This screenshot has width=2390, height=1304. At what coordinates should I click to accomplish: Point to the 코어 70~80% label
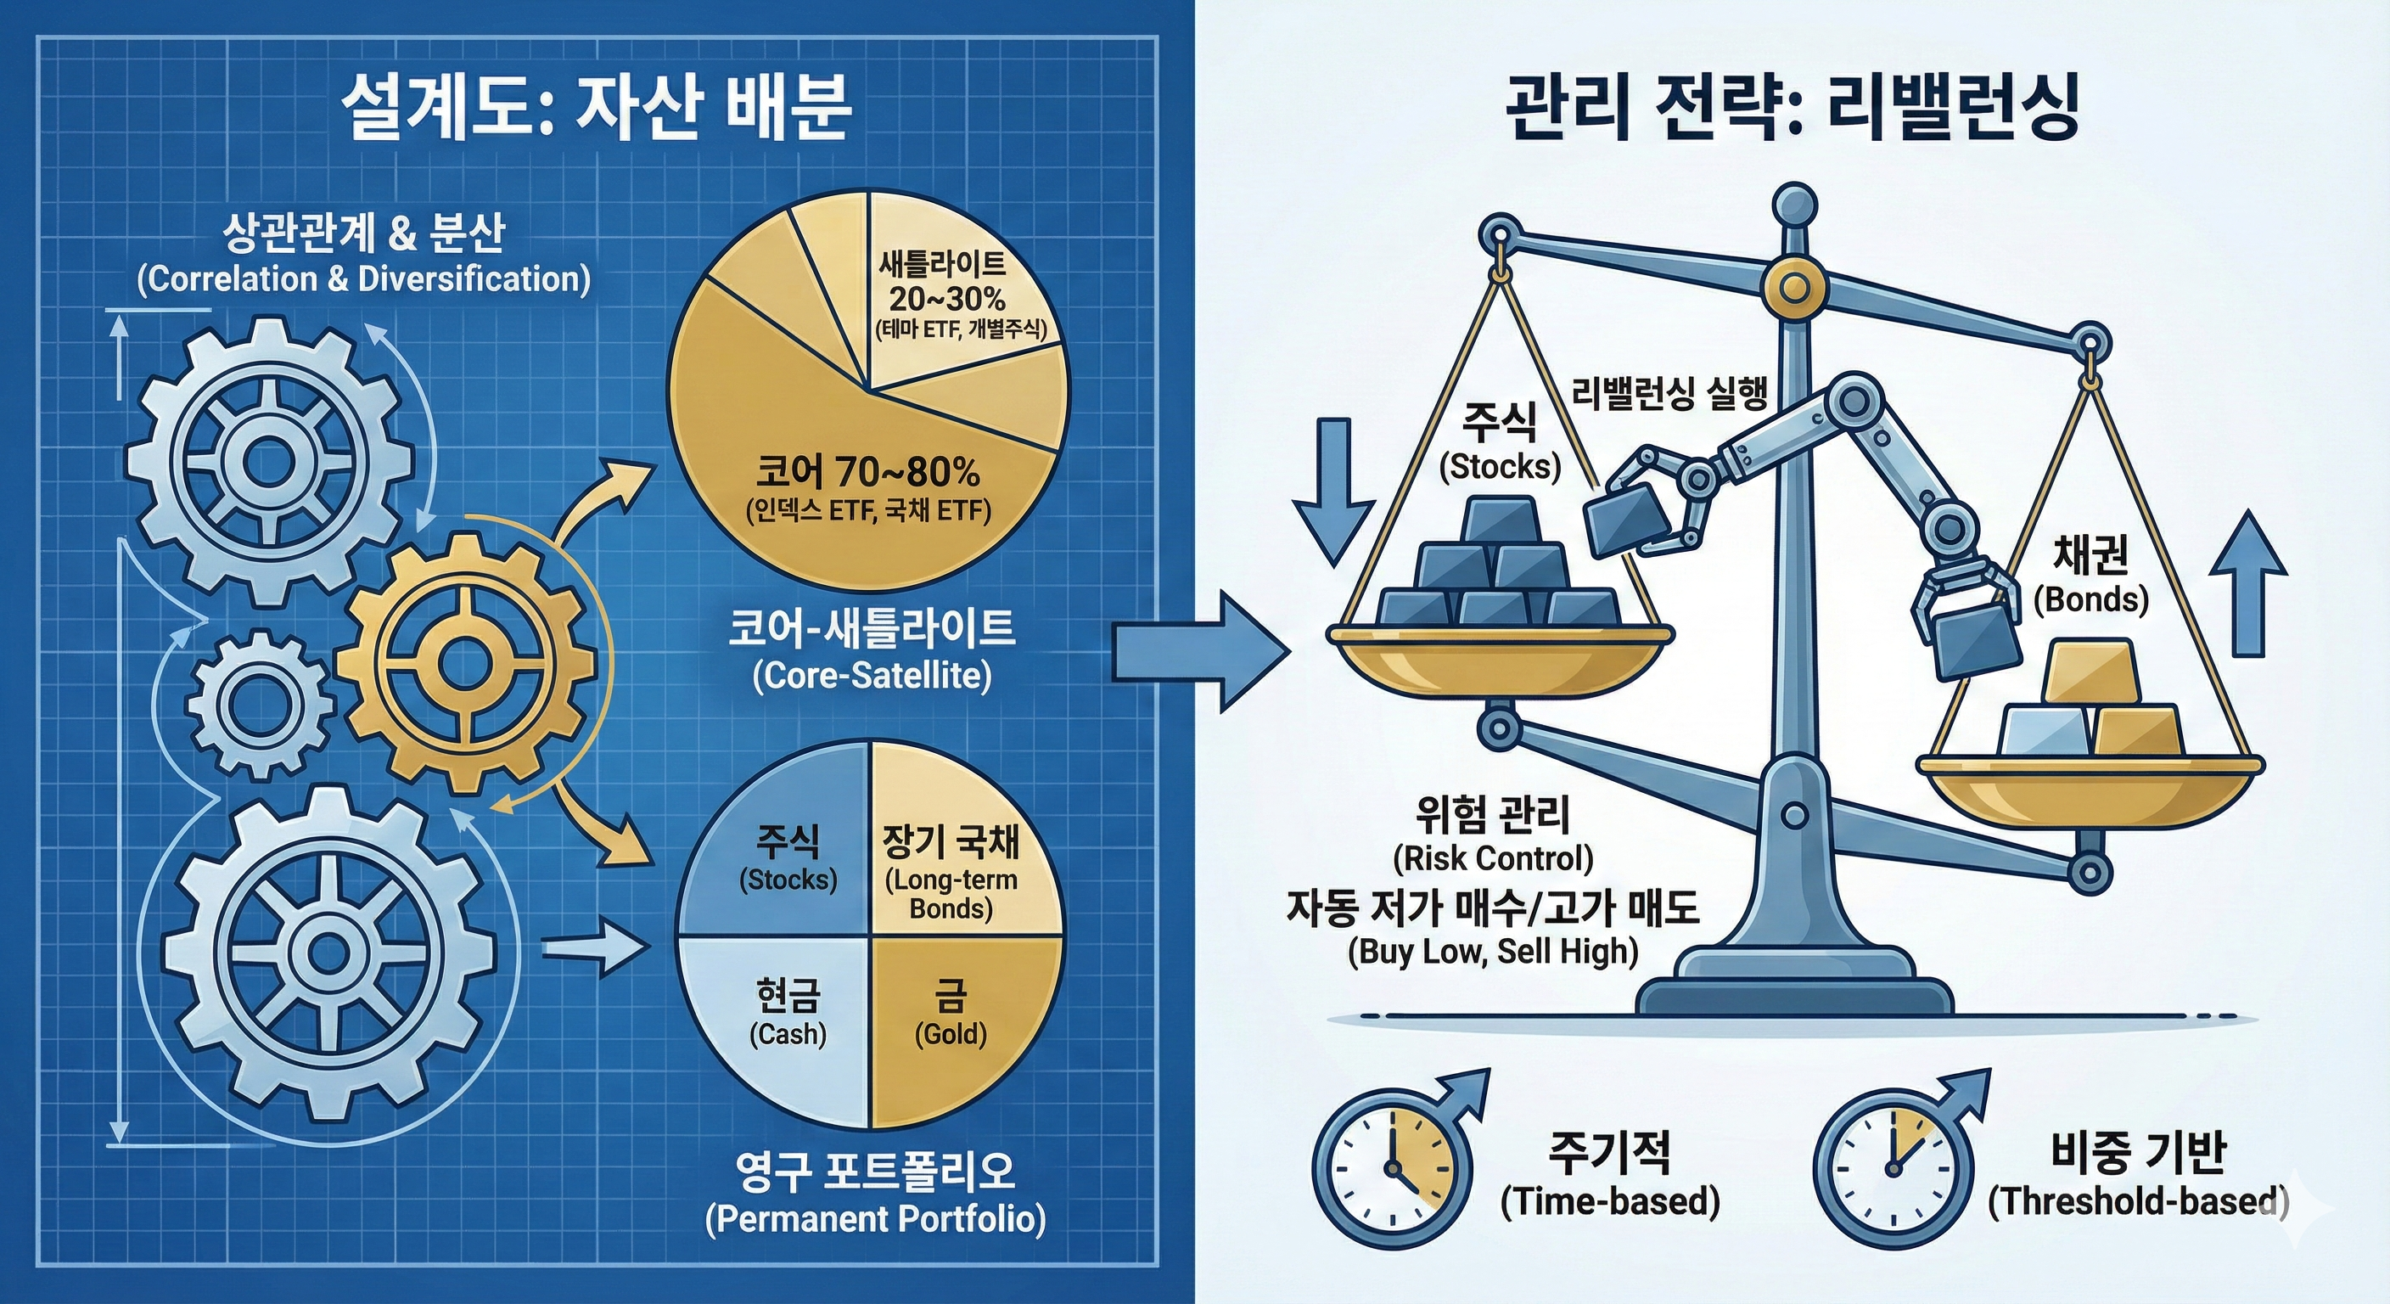pos(867,474)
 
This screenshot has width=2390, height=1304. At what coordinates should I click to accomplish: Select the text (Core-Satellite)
pos(871,675)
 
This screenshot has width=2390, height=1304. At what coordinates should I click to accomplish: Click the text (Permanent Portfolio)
pos(875,1217)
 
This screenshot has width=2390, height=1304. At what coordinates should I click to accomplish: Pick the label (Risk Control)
pos(1493,858)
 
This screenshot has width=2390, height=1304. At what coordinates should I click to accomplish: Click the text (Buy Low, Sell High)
pos(1493,952)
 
